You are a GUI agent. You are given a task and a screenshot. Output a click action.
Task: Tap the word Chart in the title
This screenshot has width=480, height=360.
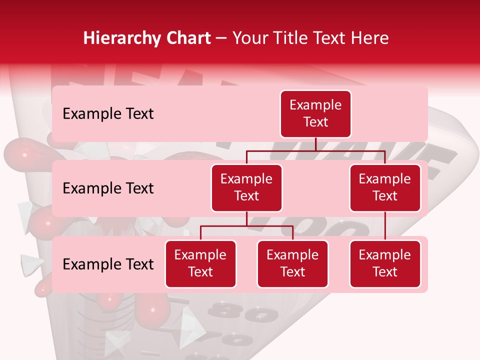pos(188,38)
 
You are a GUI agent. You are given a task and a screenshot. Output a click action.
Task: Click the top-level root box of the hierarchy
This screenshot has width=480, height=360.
pos(315,113)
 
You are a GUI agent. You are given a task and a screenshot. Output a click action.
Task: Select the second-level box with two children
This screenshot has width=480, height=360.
pos(246,187)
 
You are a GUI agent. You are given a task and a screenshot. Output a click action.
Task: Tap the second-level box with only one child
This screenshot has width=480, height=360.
pos(385,187)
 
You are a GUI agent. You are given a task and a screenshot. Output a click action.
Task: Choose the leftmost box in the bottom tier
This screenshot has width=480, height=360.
pos(200,263)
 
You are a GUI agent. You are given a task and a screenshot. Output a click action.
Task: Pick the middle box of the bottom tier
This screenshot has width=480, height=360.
pos(292,263)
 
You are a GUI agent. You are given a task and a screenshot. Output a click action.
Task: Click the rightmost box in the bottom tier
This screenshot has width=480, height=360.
pos(385,263)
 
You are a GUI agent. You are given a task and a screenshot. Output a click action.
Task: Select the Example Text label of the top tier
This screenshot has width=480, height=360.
pos(108,113)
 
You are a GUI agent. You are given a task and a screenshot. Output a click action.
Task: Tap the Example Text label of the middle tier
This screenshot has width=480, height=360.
pos(108,188)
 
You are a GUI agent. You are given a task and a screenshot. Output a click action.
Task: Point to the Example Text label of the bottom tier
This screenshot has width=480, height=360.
pos(108,264)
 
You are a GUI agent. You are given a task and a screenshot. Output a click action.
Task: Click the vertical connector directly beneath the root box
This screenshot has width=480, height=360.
pos(315,144)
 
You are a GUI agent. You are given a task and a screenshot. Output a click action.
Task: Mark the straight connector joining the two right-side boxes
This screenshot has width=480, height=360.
pos(385,226)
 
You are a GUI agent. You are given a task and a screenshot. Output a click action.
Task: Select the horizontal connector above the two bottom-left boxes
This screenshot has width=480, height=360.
pos(246,226)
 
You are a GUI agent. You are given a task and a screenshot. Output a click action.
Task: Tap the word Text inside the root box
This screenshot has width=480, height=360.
pos(315,122)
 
